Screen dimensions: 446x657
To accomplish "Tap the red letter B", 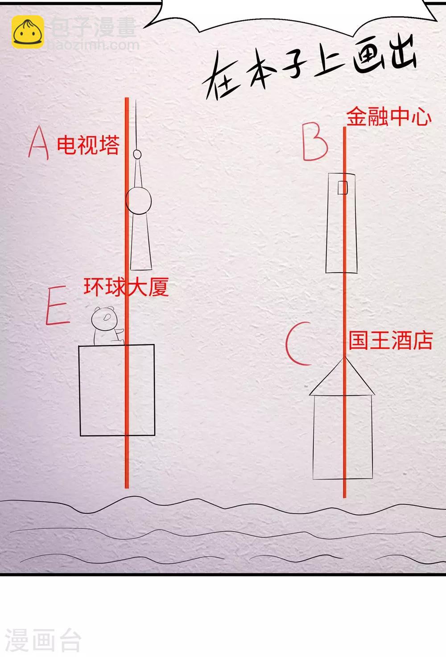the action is pyautogui.click(x=315, y=141).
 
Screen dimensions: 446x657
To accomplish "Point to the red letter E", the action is pyautogui.click(x=58, y=305).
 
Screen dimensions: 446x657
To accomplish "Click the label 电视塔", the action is pyautogui.click(x=88, y=145).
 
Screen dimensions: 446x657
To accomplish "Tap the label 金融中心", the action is pyautogui.click(x=388, y=117).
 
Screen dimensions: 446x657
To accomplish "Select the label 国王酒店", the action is pyautogui.click(x=391, y=340).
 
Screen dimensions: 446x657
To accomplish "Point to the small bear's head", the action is pyautogui.click(x=104, y=318).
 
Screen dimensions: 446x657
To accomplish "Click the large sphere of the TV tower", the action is pyautogui.click(x=138, y=200).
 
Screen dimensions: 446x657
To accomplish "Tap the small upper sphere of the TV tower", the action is pyautogui.click(x=137, y=154).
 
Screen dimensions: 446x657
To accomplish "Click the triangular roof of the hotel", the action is pyautogui.click(x=342, y=376).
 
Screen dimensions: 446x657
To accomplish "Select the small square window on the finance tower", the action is pyautogui.click(x=343, y=187).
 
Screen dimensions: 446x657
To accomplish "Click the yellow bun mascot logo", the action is pyautogui.click(x=28, y=32).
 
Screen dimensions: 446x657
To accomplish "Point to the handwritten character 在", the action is pyautogui.click(x=221, y=76).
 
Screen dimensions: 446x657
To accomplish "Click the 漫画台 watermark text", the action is pyautogui.click(x=43, y=641).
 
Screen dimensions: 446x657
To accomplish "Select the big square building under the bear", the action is pyautogui.click(x=116, y=390).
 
